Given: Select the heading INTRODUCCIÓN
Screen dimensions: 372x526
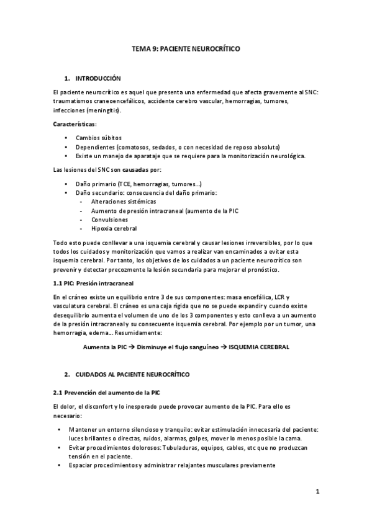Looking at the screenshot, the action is pos(98,79).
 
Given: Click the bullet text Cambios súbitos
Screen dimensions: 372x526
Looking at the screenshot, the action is pos(99,137).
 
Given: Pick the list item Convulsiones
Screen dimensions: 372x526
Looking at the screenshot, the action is pos(110,220).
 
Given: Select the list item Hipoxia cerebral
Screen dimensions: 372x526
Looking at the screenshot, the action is pos(114,229).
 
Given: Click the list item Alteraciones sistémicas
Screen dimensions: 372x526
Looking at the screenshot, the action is pos(124,202).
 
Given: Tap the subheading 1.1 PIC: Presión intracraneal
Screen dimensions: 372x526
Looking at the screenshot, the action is pos(89,283).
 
